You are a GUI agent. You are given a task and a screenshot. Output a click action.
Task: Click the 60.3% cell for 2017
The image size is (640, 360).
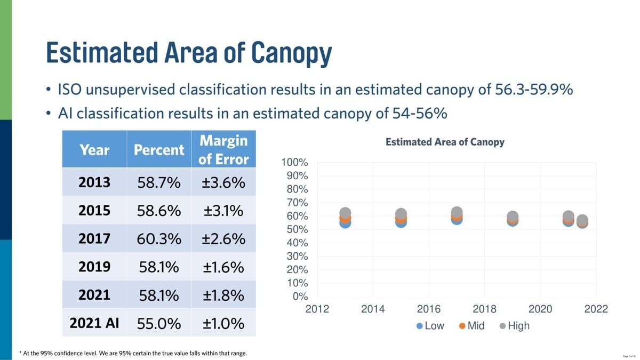159,239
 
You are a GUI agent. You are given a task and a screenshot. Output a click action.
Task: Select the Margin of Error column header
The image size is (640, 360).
223,150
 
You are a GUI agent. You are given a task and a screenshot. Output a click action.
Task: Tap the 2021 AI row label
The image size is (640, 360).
95,323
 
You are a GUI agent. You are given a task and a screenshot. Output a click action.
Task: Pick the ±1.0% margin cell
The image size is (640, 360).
223,323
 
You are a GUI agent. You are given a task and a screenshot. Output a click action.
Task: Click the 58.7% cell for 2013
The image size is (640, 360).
159,183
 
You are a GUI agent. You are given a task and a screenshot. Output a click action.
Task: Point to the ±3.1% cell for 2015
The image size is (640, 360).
223,211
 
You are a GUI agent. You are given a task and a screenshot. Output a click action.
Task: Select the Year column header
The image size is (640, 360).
94,150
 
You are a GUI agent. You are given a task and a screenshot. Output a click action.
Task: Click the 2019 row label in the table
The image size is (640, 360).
94,267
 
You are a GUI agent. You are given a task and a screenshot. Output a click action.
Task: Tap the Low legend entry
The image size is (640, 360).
430,326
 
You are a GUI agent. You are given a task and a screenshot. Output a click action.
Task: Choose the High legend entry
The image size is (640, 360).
515,326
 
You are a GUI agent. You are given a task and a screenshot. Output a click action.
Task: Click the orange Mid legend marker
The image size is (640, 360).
462,326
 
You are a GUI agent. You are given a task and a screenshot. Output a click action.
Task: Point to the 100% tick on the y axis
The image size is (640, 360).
295,163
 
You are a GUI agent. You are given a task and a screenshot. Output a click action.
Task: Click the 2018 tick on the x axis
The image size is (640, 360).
484,309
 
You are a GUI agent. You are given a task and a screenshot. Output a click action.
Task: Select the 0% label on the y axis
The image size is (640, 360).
301,297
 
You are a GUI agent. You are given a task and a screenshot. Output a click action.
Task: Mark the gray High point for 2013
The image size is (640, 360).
345,213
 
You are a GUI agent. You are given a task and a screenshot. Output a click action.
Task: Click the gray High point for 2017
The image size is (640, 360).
457,212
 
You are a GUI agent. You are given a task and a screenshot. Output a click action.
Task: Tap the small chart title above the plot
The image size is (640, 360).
445,142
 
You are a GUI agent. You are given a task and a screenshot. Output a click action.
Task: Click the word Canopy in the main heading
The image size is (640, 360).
292,52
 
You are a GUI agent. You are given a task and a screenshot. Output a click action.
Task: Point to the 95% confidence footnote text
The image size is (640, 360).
133,353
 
